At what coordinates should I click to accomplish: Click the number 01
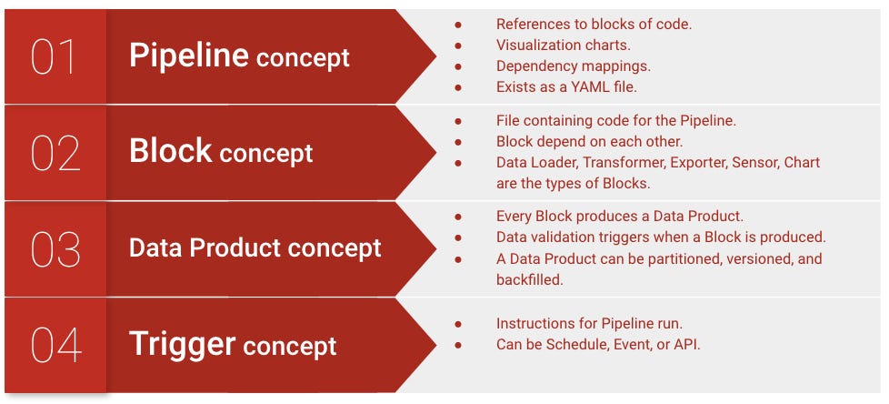pyautogui.click(x=55, y=56)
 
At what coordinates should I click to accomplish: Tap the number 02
pyautogui.click(x=55, y=153)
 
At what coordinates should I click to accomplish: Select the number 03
pyautogui.click(x=55, y=250)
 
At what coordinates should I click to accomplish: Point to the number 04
pyautogui.click(x=55, y=346)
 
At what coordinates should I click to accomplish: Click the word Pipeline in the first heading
pyautogui.click(x=188, y=56)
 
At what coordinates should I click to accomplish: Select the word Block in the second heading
pyautogui.click(x=170, y=151)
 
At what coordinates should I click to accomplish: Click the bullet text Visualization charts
pyautogui.click(x=562, y=45)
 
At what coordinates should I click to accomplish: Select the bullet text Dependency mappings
pyautogui.click(x=573, y=66)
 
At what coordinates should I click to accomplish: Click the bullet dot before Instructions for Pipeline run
pyautogui.click(x=458, y=324)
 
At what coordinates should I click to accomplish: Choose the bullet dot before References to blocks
pyautogui.click(x=458, y=24)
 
